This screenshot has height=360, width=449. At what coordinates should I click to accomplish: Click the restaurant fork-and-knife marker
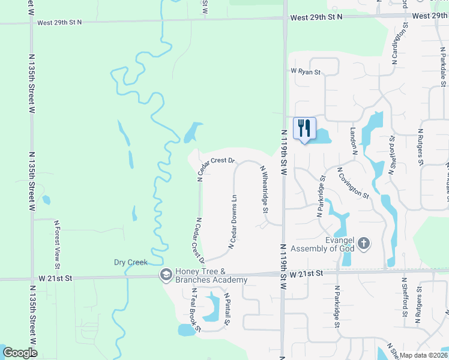(x=304, y=128)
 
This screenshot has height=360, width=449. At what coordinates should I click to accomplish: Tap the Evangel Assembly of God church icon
(x=364, y=244)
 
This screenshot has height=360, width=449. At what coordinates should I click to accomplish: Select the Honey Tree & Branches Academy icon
(x=165, y=275)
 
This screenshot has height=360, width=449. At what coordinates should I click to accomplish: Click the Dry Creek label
(x=131, y=262)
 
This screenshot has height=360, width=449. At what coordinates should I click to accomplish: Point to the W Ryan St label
(x=306, y=72)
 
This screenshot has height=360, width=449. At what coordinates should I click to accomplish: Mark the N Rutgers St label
(x=420, y=146)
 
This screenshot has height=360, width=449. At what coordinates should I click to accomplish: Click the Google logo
(x=20, y=352)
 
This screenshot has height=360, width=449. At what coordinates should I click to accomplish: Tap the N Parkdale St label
(x=443, y=71)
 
